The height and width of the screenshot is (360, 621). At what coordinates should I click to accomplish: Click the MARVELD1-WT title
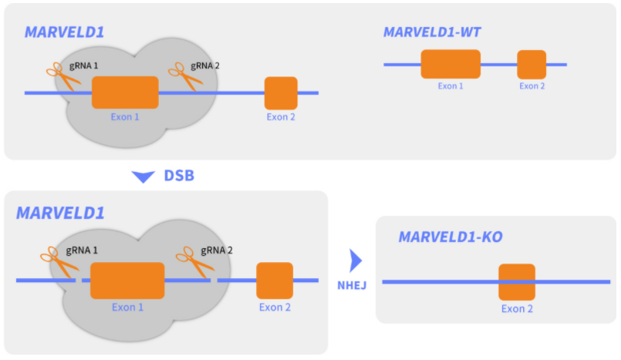(432, 32)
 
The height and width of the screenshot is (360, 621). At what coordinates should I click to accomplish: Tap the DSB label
(179, 176)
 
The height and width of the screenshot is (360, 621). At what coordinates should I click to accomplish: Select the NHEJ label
(352, 284)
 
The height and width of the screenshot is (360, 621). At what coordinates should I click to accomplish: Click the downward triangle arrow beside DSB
(143, 177)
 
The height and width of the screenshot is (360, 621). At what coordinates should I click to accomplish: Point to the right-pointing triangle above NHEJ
(355, 257)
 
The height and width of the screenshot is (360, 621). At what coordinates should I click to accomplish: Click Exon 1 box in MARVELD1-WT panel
(451, 64)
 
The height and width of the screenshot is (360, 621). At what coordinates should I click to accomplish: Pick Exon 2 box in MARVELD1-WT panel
(532, 65)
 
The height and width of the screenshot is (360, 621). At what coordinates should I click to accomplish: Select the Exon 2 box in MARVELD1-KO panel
(517, 282)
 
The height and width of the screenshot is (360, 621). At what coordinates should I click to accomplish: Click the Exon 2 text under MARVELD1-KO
(517, 309)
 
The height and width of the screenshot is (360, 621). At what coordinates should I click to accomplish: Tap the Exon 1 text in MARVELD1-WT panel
(451, 86)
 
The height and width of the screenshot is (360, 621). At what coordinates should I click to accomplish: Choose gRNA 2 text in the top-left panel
(204, 66)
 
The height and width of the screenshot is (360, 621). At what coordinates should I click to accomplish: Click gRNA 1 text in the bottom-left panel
(82, 251)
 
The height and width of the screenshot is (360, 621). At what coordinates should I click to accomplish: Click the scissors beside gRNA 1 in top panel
(59, 77)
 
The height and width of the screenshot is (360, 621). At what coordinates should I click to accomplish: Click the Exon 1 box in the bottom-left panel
(127, 281)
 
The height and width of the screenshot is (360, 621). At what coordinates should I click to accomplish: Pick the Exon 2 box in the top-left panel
(281, 93)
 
